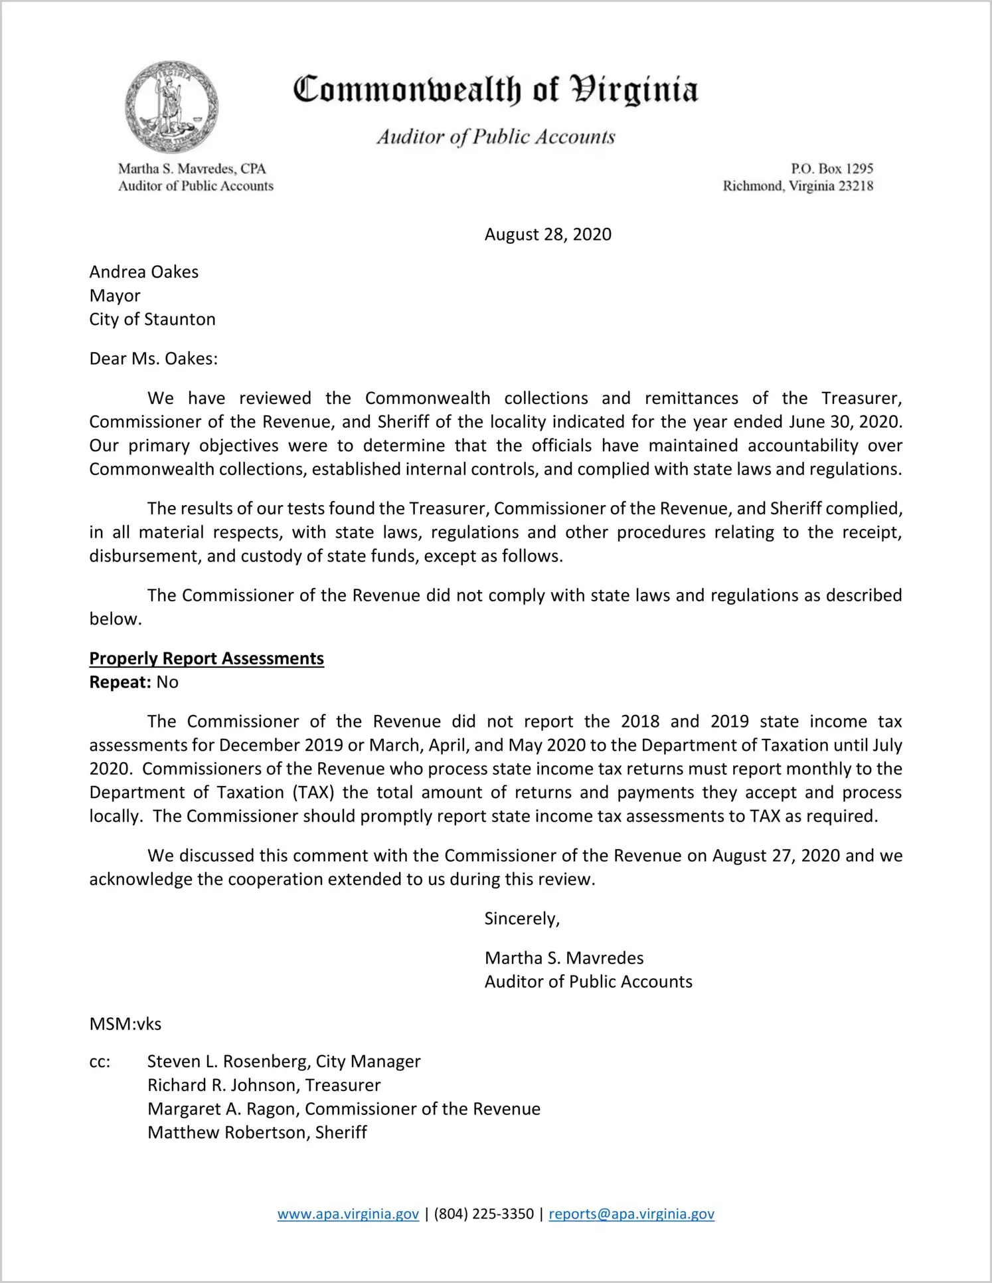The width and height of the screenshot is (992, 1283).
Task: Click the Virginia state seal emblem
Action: pos(171,107)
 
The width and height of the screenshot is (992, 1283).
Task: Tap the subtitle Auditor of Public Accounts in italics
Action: pos(495,137)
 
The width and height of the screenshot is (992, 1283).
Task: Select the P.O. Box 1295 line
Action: pos(831,169)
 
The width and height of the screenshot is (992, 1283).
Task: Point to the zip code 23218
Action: pos(855,186)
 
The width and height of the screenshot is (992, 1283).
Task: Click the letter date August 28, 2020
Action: pos(548,235)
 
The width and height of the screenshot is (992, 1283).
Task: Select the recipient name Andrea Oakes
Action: pos(144,272)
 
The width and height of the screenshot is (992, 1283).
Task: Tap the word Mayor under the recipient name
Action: pos(115,296)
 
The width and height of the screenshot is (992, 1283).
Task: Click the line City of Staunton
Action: pos(152,320)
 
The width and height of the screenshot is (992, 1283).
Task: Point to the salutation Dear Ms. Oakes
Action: pos(153,359)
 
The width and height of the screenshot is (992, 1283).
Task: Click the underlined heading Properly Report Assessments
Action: pos(207,658)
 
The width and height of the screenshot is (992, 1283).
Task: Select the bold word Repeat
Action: pos(120,682)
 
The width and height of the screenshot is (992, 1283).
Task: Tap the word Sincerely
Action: pos(522,919)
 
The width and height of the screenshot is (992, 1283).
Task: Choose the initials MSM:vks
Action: pos(125,1024)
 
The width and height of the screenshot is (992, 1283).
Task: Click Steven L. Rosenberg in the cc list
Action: pos(228,1062)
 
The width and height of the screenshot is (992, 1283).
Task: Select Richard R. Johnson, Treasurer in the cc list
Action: pos(264,1086)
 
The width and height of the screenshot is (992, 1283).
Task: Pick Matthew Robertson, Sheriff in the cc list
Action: pos(257,1133)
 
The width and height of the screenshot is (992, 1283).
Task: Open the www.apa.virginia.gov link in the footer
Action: pos(348,1214)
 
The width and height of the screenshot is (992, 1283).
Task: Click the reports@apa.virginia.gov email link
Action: pos(631,1214)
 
